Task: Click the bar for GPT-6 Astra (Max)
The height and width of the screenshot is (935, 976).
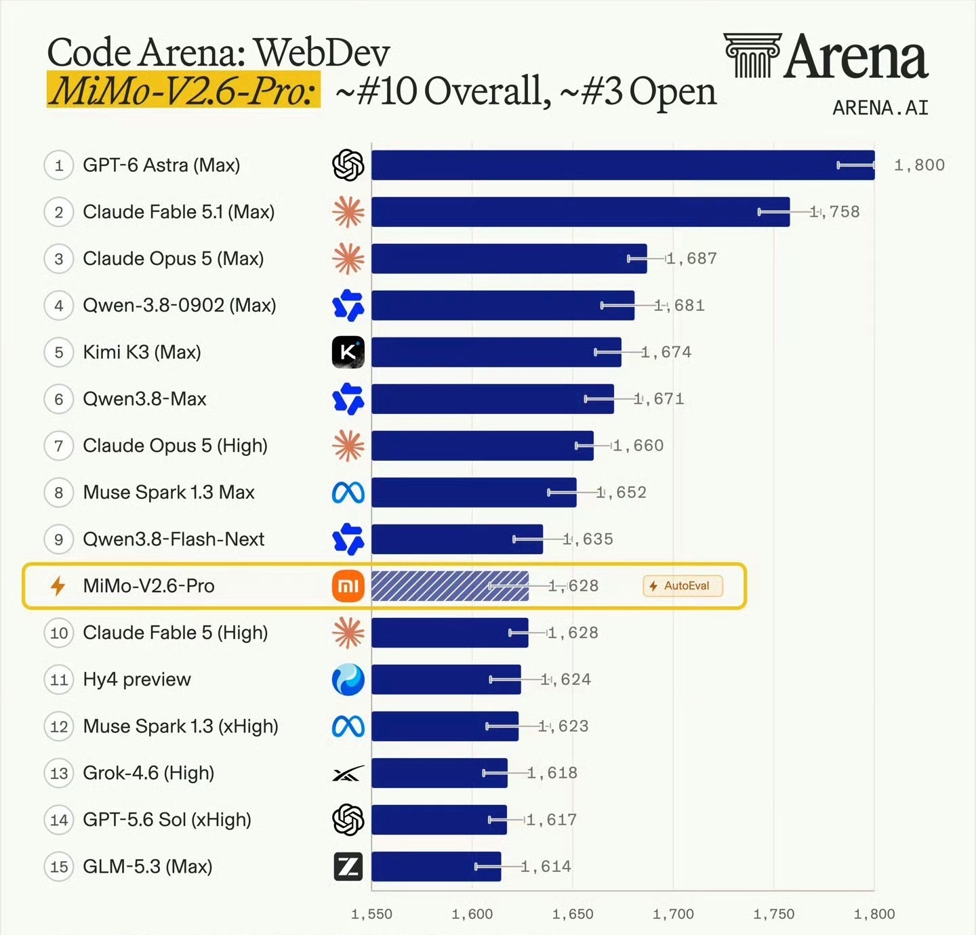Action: point(623,165)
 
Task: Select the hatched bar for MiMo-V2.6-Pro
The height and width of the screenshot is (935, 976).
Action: point(450,585)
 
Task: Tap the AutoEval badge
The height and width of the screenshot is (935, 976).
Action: point(683,585)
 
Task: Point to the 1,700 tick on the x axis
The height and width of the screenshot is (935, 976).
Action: point(673,914)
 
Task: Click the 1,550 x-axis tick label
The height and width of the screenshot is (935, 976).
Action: point(371,914)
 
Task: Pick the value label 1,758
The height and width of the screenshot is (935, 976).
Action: point(835,211)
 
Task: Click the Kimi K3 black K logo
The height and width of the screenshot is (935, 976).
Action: point(348,352)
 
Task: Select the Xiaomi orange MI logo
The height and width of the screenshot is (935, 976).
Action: point(348,585)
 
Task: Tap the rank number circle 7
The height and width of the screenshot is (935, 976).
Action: point(59,446)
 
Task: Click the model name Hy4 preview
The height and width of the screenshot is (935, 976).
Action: point(137,680)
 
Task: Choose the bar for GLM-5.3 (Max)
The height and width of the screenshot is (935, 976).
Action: point(436,867)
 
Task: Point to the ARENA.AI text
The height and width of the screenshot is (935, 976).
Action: point(880,108)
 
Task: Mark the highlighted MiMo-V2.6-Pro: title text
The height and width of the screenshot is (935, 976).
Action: point(184,90)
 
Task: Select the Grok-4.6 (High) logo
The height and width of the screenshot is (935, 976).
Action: point(348,774)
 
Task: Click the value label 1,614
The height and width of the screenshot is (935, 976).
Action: point(546,867)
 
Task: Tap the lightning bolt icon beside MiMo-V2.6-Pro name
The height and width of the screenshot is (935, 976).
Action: point(58,585)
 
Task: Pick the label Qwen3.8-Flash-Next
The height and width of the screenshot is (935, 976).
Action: point(174,539)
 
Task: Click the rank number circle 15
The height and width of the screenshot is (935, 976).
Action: point(59,867)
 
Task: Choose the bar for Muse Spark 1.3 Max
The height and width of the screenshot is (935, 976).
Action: point(474,493)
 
